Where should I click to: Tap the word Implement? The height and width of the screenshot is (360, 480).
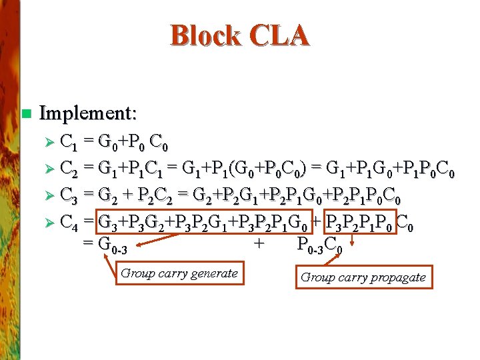(x=88, y=113)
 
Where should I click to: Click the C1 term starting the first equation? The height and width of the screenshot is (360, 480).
(x=68, y=143)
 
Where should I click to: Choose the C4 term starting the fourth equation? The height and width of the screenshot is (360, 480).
(x=69, y=223)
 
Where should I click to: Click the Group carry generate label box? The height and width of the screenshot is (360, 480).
(x=179, y=273)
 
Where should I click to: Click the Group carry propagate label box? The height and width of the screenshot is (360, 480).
(x=363, y=277)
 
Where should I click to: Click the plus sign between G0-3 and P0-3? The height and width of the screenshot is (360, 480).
(x=258, y=243)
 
